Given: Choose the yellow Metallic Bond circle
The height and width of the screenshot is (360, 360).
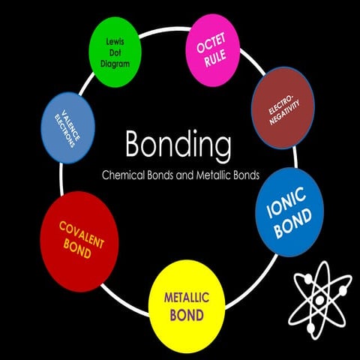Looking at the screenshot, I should [x=187, y=304].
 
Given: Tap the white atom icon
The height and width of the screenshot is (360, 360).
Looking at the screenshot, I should [x=320, y=297].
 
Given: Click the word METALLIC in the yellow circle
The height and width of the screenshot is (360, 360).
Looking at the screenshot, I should [x=187, y=297].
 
